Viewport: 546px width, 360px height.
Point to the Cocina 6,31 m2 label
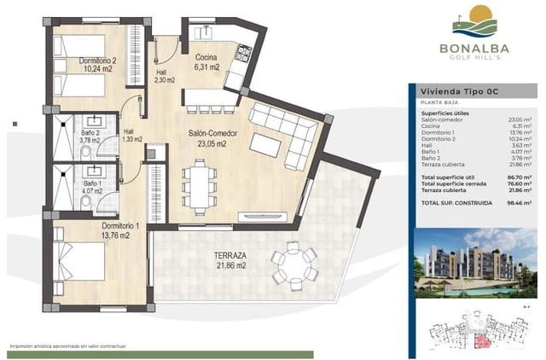(206, 61)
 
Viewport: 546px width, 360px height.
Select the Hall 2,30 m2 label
(164, 77)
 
